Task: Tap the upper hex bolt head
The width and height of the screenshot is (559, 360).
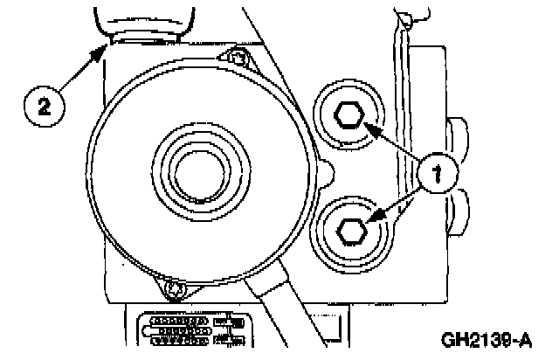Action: [349, 116]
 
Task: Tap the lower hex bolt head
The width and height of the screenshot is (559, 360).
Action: [349, 228]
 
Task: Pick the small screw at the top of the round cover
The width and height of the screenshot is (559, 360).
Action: [236, 59]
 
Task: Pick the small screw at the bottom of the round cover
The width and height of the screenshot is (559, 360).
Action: [175, 287]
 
